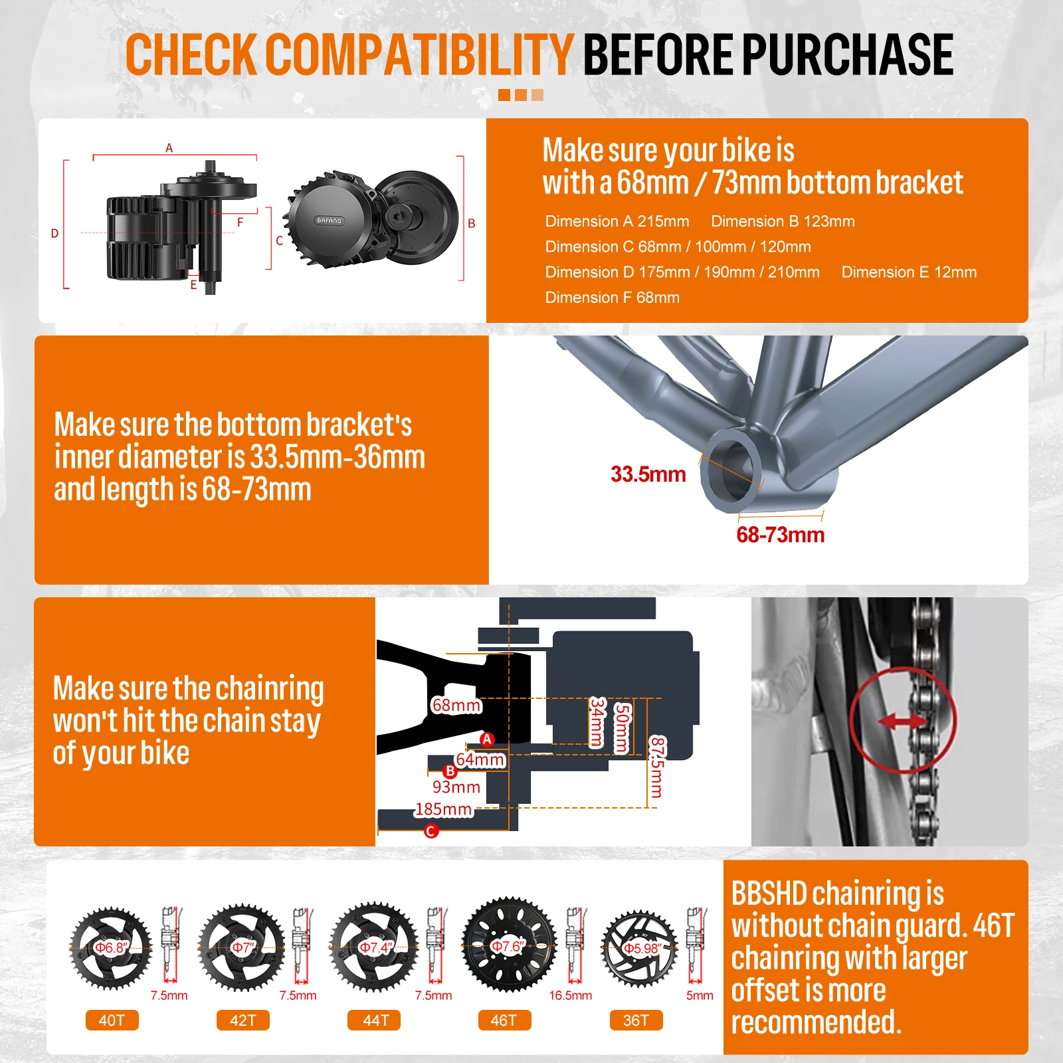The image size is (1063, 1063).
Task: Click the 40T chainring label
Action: (112, 1020)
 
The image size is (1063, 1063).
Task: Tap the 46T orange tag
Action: (504, 1020)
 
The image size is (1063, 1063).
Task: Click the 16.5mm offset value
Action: (570, 995)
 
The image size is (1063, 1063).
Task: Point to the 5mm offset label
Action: (700, 995)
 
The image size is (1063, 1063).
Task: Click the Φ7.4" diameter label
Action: (376, 947)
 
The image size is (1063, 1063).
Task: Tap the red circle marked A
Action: (487, 739)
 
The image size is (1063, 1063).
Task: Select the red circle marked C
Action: (431, 831)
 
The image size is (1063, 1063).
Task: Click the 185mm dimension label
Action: (444, 809)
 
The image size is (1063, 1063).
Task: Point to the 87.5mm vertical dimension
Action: (656, 767)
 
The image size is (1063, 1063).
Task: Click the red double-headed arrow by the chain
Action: (902, 722)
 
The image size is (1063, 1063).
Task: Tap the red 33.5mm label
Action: (648, 474)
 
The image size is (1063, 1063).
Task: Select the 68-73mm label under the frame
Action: (780, 535)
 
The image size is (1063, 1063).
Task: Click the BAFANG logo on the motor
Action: (330, 221)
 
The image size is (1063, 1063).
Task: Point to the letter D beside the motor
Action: (54, 233)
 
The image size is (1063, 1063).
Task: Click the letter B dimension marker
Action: (472, 223)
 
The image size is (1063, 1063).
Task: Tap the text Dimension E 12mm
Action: (909, 272)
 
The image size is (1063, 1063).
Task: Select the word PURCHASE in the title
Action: (848, 54)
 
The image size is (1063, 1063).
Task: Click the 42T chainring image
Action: (242, 947)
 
